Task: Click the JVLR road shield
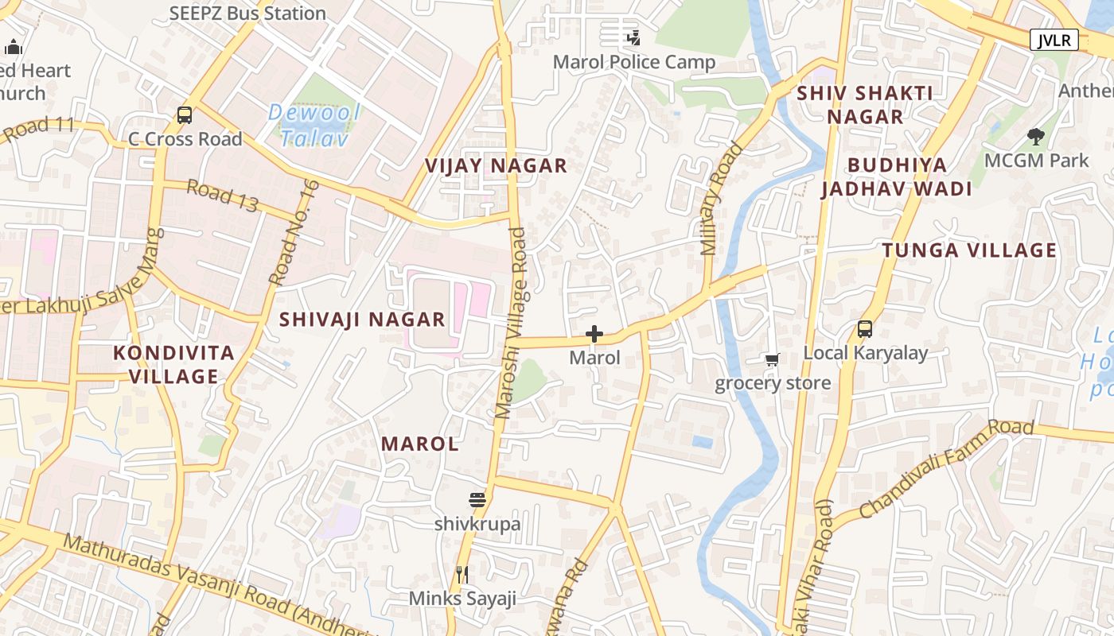(1054, 40)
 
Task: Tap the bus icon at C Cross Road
(185, 115)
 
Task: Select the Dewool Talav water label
(314, 126)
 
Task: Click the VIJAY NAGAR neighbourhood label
(496, 165)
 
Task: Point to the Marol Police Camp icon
(633, 37)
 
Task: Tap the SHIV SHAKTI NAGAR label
(865, 104)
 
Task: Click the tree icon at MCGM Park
(1035, 137)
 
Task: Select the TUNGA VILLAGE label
(969, 250)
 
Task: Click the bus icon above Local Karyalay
(865, 328)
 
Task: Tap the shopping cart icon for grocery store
(772, 360)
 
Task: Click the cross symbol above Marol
(594, 334)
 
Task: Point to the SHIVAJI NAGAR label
(362, 320)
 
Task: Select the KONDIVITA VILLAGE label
(173, 364)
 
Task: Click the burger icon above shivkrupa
(477, 500)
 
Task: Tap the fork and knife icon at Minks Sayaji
(462, 574)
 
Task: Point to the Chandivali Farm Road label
(946, 467)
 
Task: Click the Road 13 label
(222, 196)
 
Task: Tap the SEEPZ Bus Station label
(247, 13)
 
